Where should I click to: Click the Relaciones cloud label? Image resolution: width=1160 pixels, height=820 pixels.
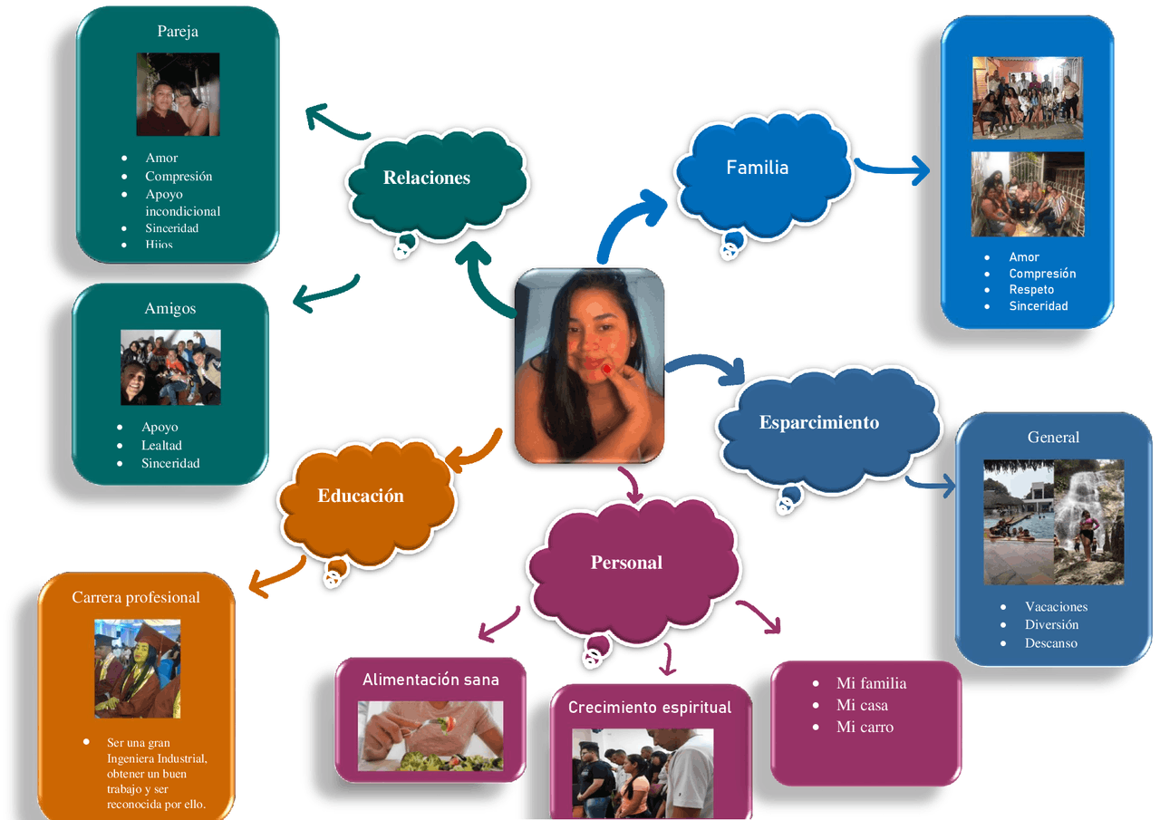point(427,178)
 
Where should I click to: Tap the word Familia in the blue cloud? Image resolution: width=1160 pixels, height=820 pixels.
point(758,168)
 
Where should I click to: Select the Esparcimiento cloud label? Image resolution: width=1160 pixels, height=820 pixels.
point(819,422)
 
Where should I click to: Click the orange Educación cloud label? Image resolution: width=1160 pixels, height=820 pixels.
point(361,496)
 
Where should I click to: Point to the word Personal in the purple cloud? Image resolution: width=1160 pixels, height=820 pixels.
point(626,563)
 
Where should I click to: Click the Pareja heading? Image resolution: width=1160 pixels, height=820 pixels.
point(178,31)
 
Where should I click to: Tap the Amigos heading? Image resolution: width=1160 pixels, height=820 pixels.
point(170,308)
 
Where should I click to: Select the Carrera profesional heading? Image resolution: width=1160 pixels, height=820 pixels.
point(136,597)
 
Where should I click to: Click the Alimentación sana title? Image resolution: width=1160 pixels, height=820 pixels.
point(430,680)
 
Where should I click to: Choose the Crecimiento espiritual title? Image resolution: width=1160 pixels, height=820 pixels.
point(650,708)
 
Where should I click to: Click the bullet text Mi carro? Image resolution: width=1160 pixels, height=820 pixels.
point(865,727)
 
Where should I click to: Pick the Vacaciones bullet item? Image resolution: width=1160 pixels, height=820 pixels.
point(1056,606)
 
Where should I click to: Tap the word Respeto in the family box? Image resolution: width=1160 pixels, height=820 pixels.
point(1031,290)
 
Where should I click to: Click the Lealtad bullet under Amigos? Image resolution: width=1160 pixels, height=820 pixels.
point(161,445)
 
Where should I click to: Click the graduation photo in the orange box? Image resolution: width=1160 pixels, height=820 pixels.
point(138,669)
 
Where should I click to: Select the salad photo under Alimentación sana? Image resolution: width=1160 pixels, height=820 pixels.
point(430,735)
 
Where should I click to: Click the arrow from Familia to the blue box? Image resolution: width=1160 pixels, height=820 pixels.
point(893,169)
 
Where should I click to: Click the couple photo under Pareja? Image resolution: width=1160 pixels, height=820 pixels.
point(178,94)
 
